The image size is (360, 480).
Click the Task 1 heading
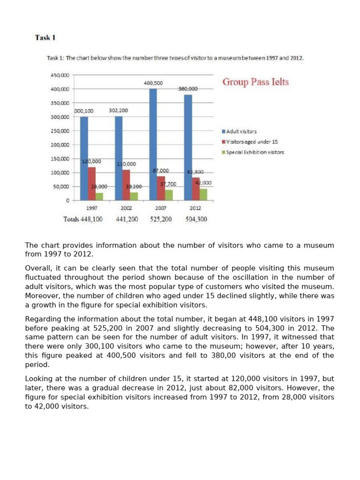point(45,37)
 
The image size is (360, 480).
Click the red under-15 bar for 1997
point(91,183)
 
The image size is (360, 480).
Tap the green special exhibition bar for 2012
point(203,194)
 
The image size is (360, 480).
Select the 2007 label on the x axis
point(161,208)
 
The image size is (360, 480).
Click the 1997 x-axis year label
point(92,208)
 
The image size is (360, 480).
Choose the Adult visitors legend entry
point(241,132)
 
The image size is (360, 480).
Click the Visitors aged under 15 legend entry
point(252,142)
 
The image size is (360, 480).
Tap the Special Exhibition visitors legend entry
point(255,152)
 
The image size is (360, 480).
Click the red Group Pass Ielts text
point(255,82)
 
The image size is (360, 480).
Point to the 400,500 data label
point(153,83)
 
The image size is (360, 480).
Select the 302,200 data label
point(118,111)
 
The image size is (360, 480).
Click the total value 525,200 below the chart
point(161,219)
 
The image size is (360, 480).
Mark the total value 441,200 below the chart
point(127,219)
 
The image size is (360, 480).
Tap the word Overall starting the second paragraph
point(38,268)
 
